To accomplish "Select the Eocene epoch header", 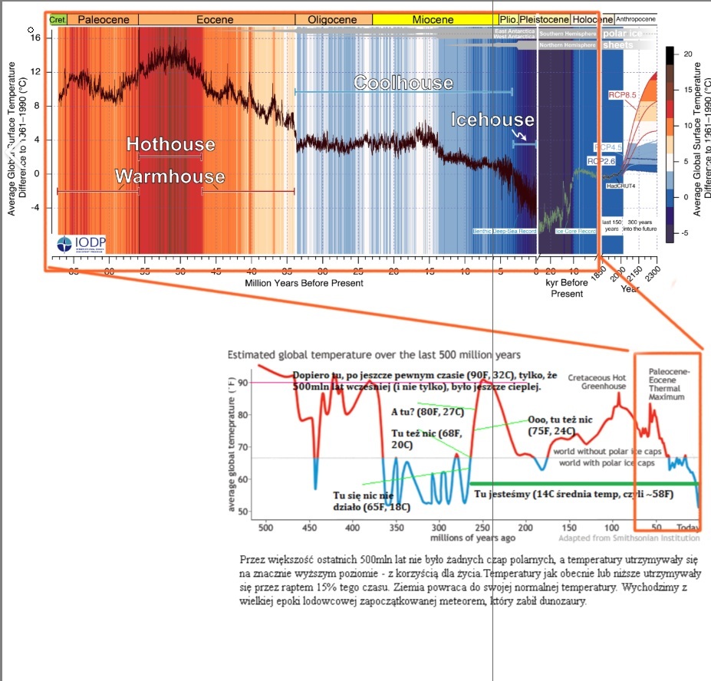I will click(x=214, y=19).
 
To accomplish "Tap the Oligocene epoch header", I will click(x=333, y=19).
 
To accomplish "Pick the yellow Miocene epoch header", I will click(x=433, y=19).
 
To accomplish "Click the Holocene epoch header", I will click(x=591, y=19).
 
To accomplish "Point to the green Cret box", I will click(x=58, y=19).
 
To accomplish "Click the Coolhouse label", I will click(x=403, y=82).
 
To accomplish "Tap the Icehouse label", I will click(x=492, y=120).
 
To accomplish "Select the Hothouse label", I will click(x=170, y=144).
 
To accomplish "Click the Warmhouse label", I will click(x=170, y=176).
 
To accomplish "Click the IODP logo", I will click(x=82, y=244).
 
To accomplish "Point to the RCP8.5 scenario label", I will click(x=624, y=94).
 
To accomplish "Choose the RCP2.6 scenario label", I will click(x=602, y=161).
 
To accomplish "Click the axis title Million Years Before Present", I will click(x=304, y=283).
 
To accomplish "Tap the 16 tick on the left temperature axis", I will click(x=35, y=37).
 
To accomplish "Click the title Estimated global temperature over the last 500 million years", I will click(x=374, y=355).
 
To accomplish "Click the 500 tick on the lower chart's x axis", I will click(x=265, y=528).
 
